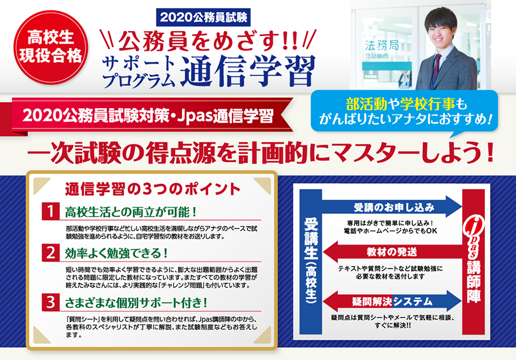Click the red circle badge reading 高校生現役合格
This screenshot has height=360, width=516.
point(50,47)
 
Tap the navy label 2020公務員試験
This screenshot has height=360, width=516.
point(204,18)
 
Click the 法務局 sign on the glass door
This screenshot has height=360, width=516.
point(382,45)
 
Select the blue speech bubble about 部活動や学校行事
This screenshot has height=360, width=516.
point(404,112)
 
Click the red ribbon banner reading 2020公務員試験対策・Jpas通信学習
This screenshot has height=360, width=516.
point(148,116)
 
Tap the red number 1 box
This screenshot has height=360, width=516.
point(50,211)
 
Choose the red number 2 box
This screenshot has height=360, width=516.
point(50,253)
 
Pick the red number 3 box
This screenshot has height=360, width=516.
point(50,302)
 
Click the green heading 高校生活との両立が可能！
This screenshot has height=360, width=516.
point(130,212)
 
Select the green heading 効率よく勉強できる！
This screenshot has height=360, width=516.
point(116,253)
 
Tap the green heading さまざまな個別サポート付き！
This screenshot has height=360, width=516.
point(136,303)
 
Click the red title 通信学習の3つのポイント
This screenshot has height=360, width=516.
point(153,189)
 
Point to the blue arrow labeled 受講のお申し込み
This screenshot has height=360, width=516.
point(392,207)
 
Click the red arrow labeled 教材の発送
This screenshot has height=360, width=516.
point(392,252)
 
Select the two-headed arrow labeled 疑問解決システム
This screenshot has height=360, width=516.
point(392,301)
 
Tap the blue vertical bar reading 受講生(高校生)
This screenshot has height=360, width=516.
point(311,261)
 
